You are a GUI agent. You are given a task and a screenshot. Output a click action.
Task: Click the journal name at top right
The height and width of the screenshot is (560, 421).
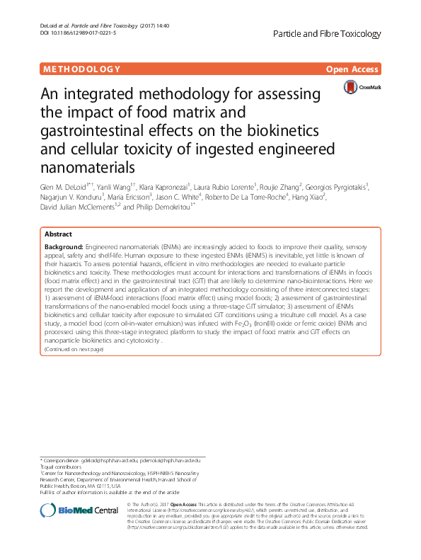click(327, 33)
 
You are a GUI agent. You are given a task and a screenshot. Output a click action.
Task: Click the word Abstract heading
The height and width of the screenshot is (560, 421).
click(58, 234)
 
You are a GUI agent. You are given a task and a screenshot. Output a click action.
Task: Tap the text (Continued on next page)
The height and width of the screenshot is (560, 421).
click(74, 350)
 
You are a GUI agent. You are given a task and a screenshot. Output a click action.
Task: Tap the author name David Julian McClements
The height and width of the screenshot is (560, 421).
click(73, 208)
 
